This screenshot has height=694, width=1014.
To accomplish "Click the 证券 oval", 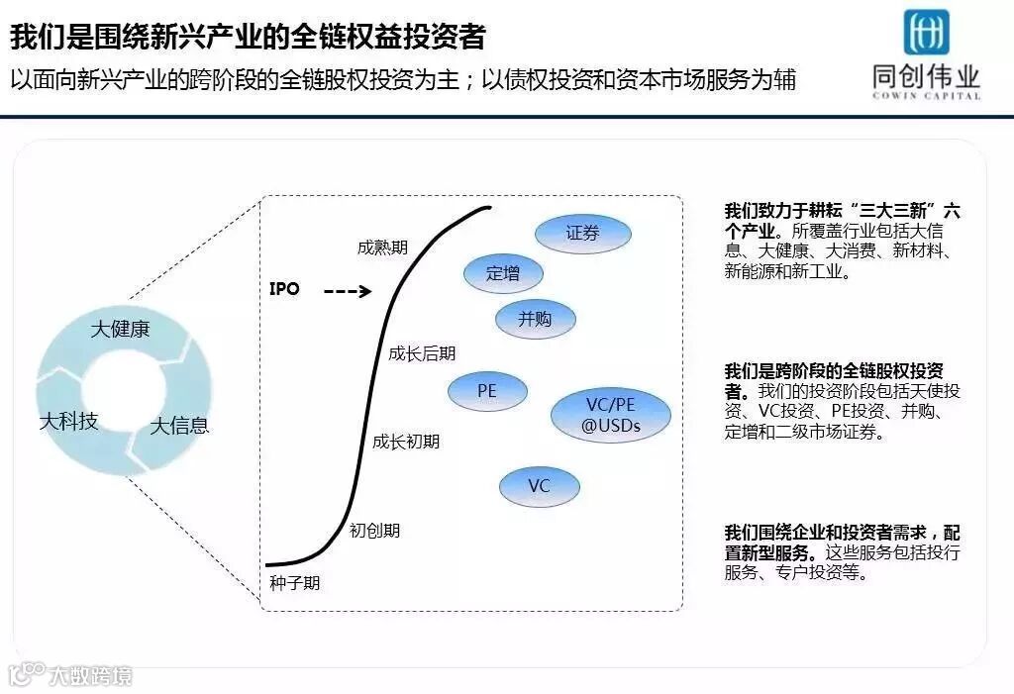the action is tap(582, 234).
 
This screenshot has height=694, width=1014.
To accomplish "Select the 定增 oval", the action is tap(503, 274).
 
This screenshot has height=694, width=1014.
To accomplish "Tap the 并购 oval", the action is tap(535, 319).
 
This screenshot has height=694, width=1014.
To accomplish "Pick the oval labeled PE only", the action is tap(487, 391).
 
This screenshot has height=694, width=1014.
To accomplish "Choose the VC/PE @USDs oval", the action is tap(611, 416).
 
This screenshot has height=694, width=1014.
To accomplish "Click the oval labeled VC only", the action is tap(539, 486).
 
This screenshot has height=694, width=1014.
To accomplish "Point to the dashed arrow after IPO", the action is tap(347, 292).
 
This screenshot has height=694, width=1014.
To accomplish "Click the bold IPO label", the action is tap(284, 290).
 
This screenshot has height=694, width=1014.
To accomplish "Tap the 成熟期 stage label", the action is tap(382, 248).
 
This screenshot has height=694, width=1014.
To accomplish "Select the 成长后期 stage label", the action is tap(422, 353).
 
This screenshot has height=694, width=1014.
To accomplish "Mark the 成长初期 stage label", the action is tap(406, 442).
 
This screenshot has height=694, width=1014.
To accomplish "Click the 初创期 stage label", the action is tap(375, 530).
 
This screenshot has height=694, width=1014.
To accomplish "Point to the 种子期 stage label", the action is tap(295, 582).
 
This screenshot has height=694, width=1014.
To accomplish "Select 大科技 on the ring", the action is tap(68, 422).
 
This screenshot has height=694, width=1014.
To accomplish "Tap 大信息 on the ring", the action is tap(179, 427).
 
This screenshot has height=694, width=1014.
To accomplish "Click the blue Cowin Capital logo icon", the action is tap(926, 32).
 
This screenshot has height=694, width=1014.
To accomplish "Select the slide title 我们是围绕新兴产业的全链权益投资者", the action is tap(248, 38).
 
